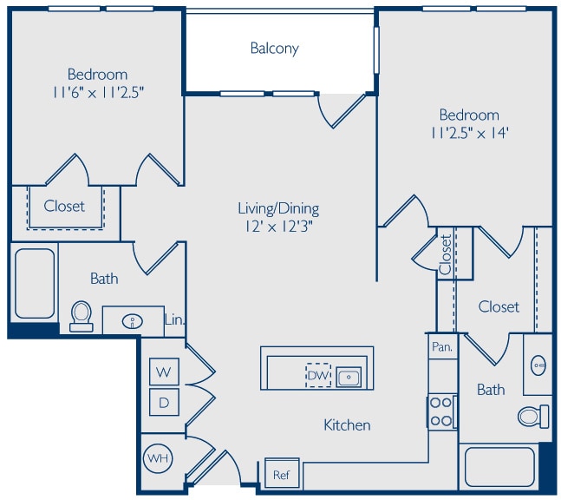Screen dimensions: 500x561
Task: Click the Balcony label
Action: (274, 49)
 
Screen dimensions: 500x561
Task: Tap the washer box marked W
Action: (164, 372)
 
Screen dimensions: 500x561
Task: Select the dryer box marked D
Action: (164, 402)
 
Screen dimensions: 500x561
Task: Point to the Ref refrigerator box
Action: (281, 475)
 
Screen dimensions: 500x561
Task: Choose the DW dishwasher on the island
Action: (317, 376)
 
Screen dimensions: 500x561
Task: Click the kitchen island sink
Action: (349, 377)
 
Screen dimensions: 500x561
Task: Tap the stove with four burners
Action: (442, 411)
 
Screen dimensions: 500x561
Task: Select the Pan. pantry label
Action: (441, 346)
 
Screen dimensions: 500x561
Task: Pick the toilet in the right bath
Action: (532, 416)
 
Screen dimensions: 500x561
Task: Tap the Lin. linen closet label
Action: (174, 319)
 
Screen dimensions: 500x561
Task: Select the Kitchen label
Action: (347, 425)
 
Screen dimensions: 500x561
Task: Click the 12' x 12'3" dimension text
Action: (278, 227)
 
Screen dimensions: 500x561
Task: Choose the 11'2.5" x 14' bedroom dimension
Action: (469, 134)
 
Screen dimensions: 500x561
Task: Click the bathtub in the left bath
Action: (35, 284)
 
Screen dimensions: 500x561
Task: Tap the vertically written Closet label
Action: (445, 255)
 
